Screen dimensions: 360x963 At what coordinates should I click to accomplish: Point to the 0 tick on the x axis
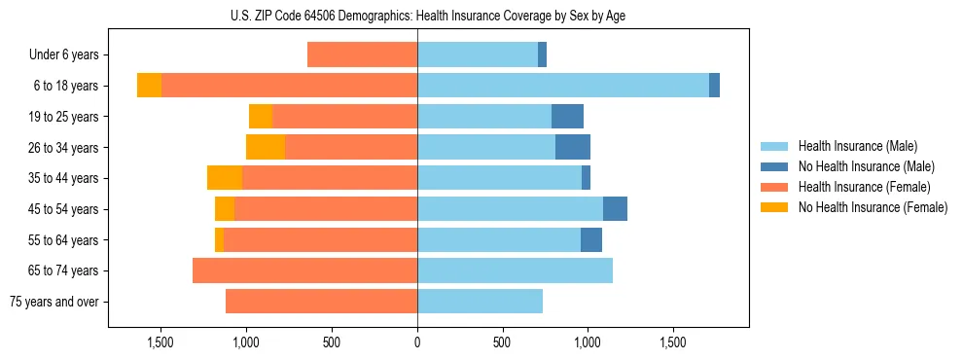click(x=417, y=342)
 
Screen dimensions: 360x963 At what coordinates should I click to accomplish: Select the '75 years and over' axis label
click(x=54, y=302)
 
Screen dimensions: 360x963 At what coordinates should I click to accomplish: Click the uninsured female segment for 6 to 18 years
click(x=149, y=86)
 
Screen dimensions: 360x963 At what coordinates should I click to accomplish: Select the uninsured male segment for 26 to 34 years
click(x=573, y=147)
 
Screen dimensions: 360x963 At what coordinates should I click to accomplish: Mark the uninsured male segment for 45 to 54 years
click(x=615, y=209)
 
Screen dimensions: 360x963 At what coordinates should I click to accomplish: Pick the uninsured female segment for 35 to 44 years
click(x=225, y=178)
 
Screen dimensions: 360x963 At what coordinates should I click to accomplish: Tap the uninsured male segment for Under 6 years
click(x=542, y=54)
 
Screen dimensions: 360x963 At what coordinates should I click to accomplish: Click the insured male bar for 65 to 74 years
click(x=515, y=270)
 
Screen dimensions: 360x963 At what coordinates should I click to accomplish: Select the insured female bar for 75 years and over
click(x=321, y=302)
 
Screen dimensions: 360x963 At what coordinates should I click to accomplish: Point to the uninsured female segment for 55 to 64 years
click(x=219, y=239)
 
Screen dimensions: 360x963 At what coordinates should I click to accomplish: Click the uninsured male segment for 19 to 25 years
click(x=567, y=117)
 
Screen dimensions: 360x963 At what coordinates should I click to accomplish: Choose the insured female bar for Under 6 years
click(x=362, y=54)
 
